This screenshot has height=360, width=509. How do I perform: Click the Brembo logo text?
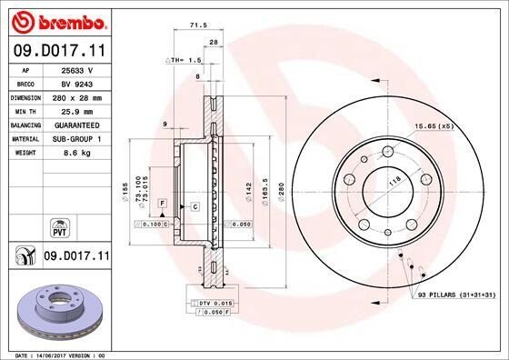coord(73,23)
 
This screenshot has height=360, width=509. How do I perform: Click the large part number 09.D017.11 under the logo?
coord(60,51)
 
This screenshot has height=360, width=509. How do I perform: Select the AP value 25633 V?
coord(77,70)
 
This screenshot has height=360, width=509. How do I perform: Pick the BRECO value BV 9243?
coord(77,84)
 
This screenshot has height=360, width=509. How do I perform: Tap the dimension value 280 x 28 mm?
coord(77,98)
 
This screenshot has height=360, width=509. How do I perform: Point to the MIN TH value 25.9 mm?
coord(77,112)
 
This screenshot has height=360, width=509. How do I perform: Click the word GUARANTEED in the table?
coord(77,125)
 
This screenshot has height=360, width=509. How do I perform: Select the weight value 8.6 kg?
coord(77,153)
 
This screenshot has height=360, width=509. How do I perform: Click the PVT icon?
coord(60,228)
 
